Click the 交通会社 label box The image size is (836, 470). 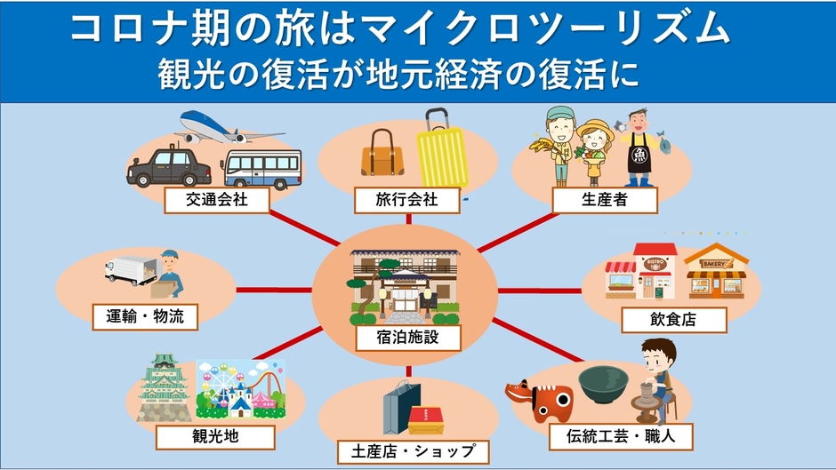[x=216, y=200]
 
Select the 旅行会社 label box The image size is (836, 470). [x=406, y=200]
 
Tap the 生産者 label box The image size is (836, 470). [x=605, y=200]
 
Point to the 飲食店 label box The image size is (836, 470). [x=674, y=320]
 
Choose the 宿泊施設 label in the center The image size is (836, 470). [x=408, y=338]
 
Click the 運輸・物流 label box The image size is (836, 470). [x=145, y=317]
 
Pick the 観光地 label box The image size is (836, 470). [x=215, y=437]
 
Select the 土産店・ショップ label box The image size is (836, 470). [x=414, y=452]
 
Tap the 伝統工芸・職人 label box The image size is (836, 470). [x=621, y=437]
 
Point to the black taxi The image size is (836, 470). [x=169, y=166]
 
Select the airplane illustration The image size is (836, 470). [x=229, y=127]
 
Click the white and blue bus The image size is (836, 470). [x=261, y=169]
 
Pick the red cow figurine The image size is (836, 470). [x=539, y=400]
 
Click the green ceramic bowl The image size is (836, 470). [x=604, y=384]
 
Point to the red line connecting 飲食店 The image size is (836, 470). [x=540, y=291]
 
